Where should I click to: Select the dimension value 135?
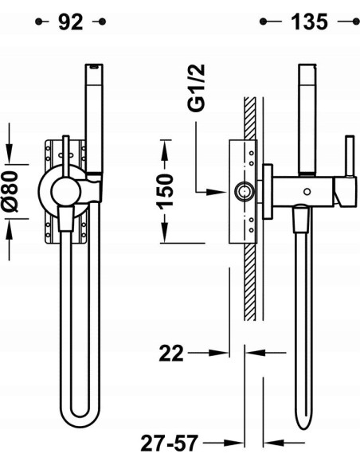308,21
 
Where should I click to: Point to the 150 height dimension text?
163,190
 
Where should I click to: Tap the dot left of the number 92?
37,22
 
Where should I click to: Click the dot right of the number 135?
345,22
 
